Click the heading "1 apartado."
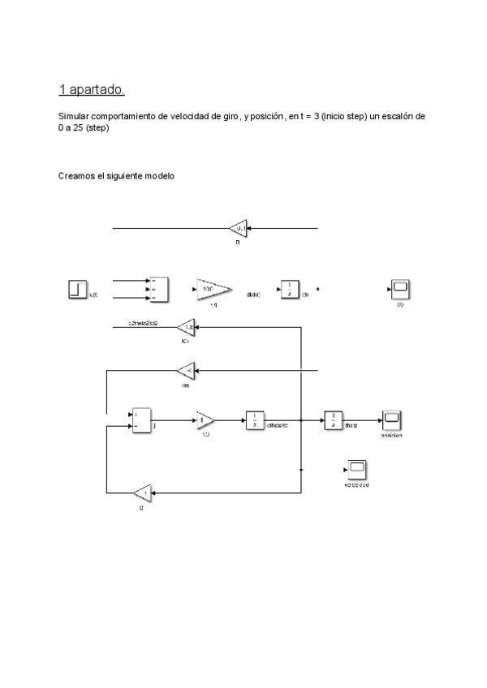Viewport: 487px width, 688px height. [92, 88]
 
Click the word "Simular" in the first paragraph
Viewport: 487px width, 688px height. [74, 117]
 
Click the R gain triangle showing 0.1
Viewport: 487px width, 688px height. [239, 229]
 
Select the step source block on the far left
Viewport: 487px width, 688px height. [77, 290]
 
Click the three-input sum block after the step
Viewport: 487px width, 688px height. [157, 290]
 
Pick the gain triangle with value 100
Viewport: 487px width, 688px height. [211, 290]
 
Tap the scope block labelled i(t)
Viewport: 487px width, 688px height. [400, 290]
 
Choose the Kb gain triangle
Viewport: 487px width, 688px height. [187, 329]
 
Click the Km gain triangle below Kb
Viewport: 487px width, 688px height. [186, 371]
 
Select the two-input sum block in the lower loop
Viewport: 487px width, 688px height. [141, 420]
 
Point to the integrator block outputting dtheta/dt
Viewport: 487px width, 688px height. [255, 420]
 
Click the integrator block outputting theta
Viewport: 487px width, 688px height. [334, 420]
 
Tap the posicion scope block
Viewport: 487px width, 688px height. [392, 420]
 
